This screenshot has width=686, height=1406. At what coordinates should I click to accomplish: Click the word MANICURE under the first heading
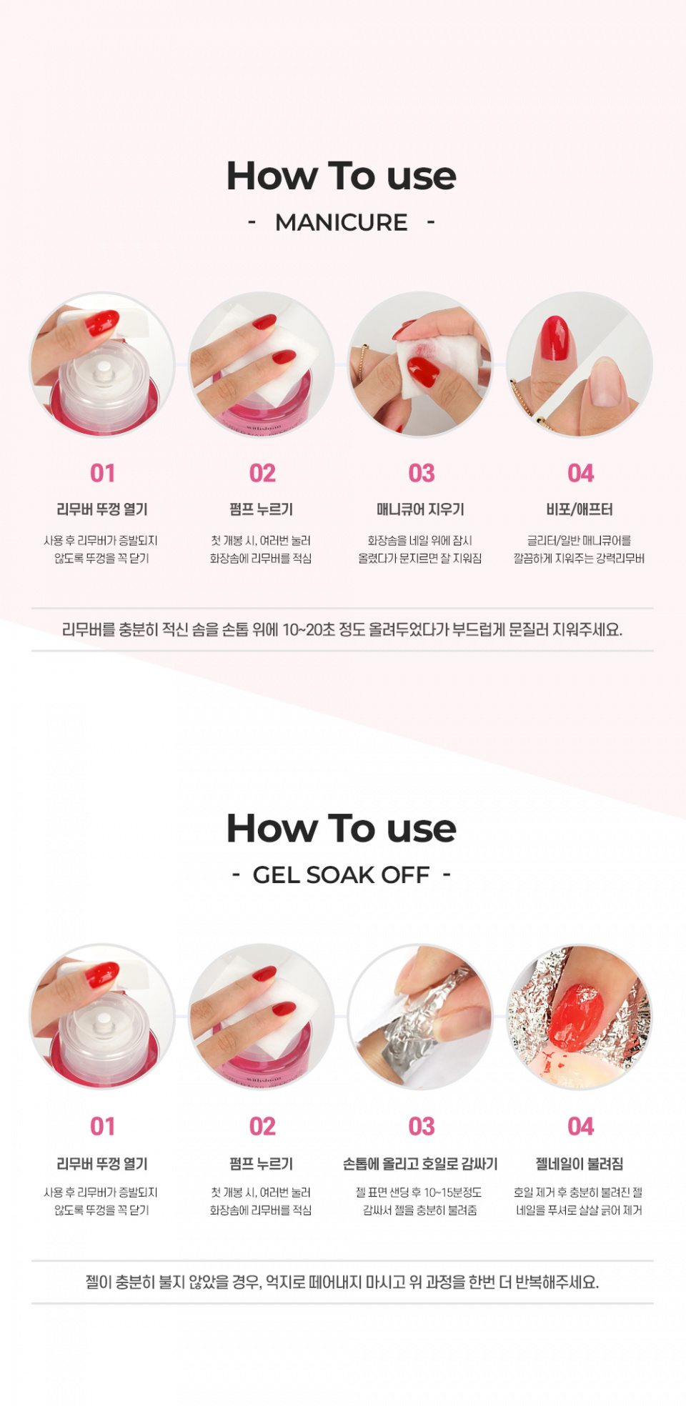[342, 222]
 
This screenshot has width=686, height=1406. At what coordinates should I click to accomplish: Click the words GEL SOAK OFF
[342, 874]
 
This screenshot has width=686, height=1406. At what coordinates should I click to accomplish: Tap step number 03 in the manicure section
[422, 473]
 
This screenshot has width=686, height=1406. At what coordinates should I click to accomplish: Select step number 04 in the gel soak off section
[581, 1127]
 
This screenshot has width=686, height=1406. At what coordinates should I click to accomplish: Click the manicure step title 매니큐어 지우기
[421, 509]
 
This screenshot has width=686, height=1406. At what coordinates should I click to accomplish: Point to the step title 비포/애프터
[580, 509]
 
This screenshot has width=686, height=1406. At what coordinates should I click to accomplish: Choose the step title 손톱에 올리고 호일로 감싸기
[421, 1164]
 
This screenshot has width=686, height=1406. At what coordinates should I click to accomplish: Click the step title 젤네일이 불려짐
[580, 1164]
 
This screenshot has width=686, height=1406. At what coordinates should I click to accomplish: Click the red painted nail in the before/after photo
[555, 337]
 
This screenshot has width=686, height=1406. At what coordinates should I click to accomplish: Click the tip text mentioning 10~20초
[342, 629]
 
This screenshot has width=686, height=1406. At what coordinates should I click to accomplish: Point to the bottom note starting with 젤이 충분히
[342, 1282]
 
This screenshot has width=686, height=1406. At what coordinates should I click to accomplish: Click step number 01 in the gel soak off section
[103, 1127]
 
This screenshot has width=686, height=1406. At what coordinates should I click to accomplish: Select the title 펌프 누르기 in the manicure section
[262, 509]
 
